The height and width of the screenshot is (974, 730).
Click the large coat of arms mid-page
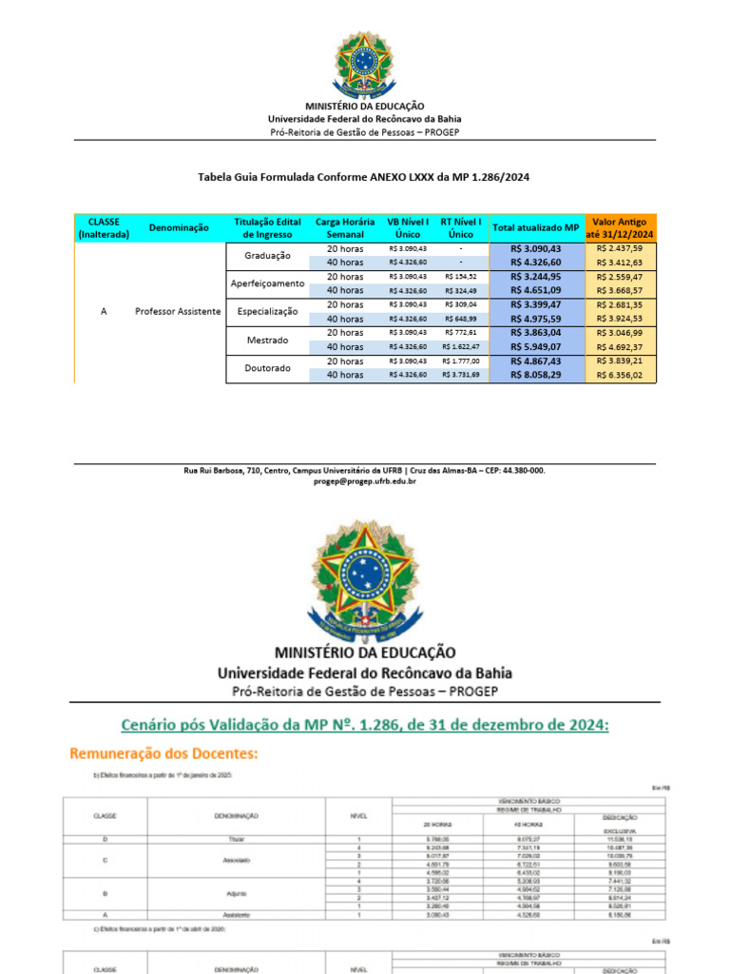coord(364,578)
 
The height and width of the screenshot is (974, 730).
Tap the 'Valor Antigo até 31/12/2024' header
coord(621,228)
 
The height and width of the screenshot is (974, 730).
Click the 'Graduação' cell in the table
coord(267,255)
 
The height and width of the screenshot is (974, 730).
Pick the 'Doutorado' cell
coord(267,368)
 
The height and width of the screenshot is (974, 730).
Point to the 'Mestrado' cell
coord(267,340)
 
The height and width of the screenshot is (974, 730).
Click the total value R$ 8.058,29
coord(535,376)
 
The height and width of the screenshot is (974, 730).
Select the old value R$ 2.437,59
coord(620,248)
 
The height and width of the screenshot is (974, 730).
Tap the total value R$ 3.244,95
coord(535,277)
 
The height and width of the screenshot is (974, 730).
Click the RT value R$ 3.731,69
coord(461,376)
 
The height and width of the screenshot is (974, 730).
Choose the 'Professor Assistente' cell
coord(178,311)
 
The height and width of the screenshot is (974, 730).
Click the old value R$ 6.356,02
coord(620,376)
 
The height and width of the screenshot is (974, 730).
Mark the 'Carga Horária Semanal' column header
coord(338,228)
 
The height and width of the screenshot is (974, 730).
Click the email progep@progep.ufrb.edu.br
coord(364,482)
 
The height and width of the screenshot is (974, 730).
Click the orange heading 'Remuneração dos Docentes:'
coord(163,753)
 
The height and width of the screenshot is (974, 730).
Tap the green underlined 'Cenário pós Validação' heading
coord(364,725)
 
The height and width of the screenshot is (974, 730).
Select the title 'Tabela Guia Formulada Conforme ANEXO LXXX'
coord(364,177)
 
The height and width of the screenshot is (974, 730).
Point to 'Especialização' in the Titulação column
coord(267,311)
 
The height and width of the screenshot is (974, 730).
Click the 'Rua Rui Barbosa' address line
coord(364,471)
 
